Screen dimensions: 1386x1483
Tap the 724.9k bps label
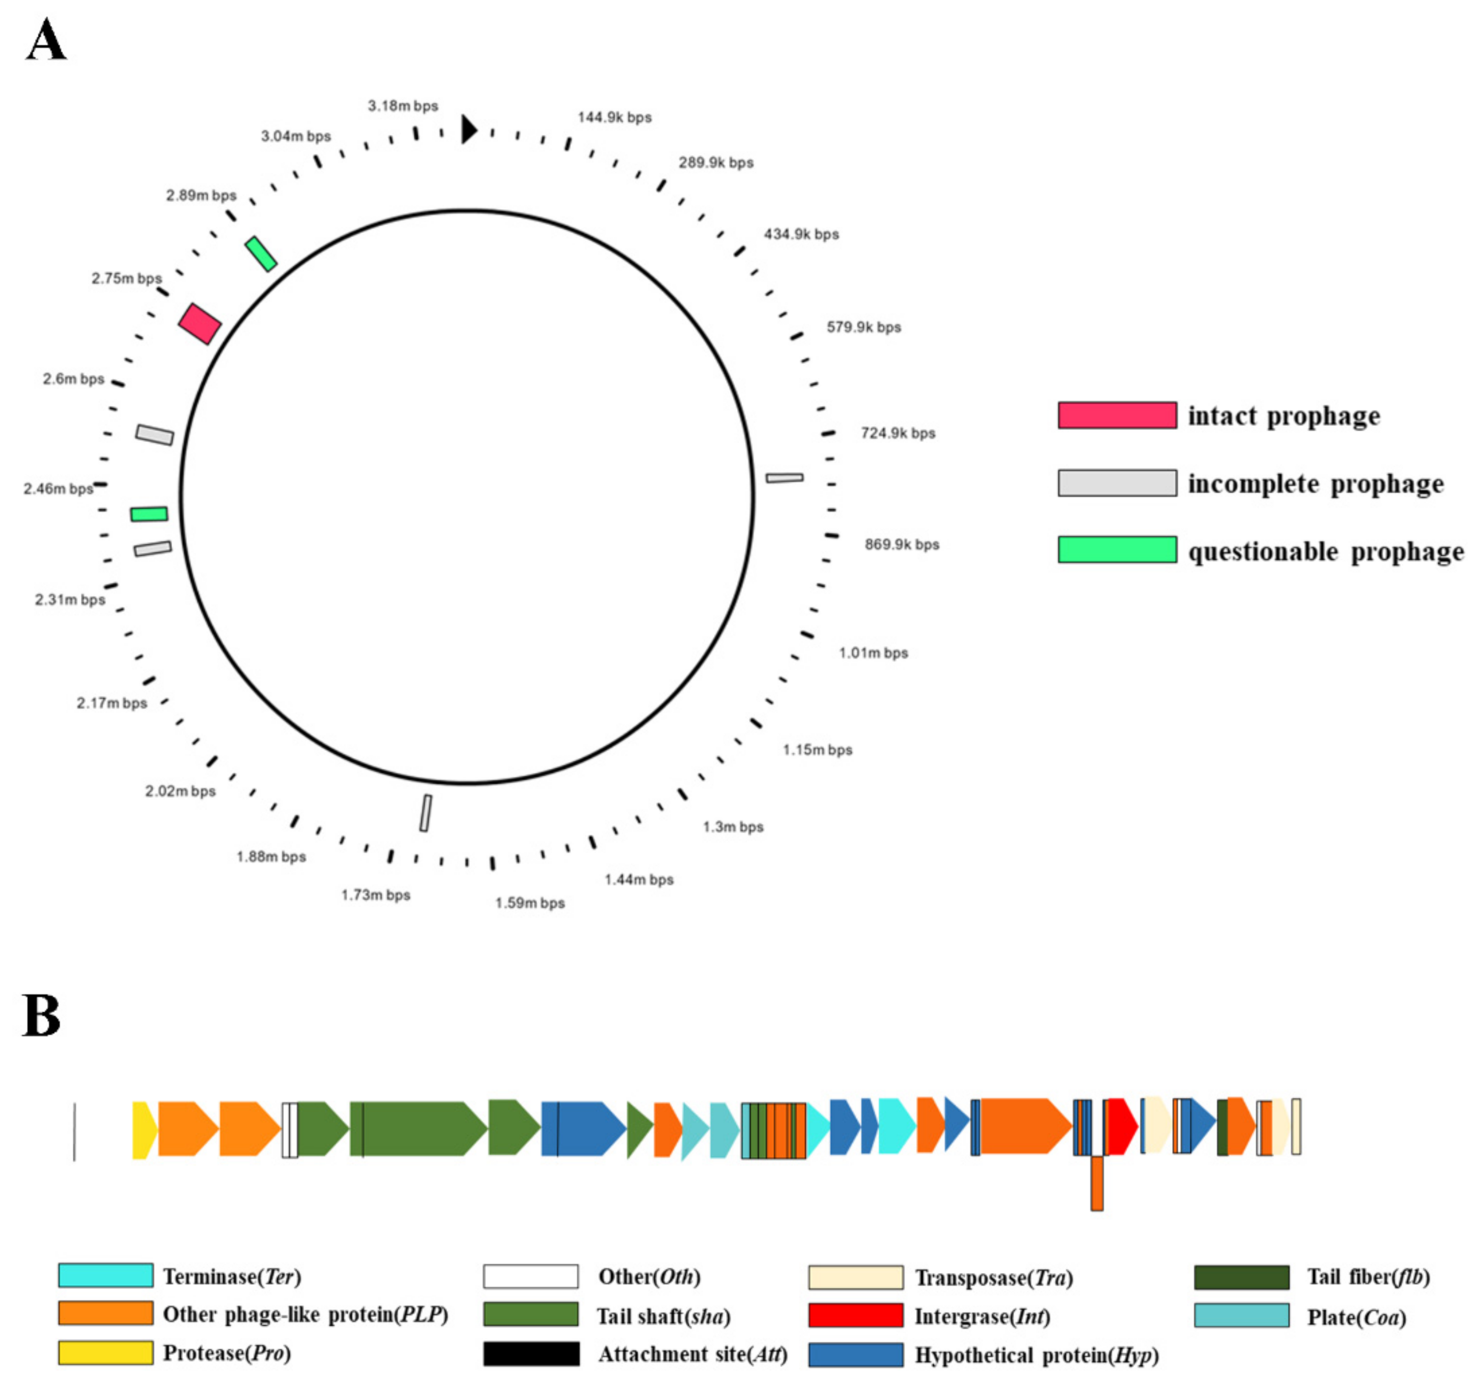[898, 433]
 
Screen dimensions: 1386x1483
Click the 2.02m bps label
[180, 791]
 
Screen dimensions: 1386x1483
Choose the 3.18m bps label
[403, 106]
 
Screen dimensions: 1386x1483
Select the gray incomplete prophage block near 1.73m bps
[425, 812]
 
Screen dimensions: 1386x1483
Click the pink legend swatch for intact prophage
[1117, 415]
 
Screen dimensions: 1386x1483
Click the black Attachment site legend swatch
[531, 1354]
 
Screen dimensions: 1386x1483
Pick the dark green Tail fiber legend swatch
[1242, 1277]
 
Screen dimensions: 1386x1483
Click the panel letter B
[41, 1016]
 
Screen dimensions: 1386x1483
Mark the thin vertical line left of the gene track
[74, 1131]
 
